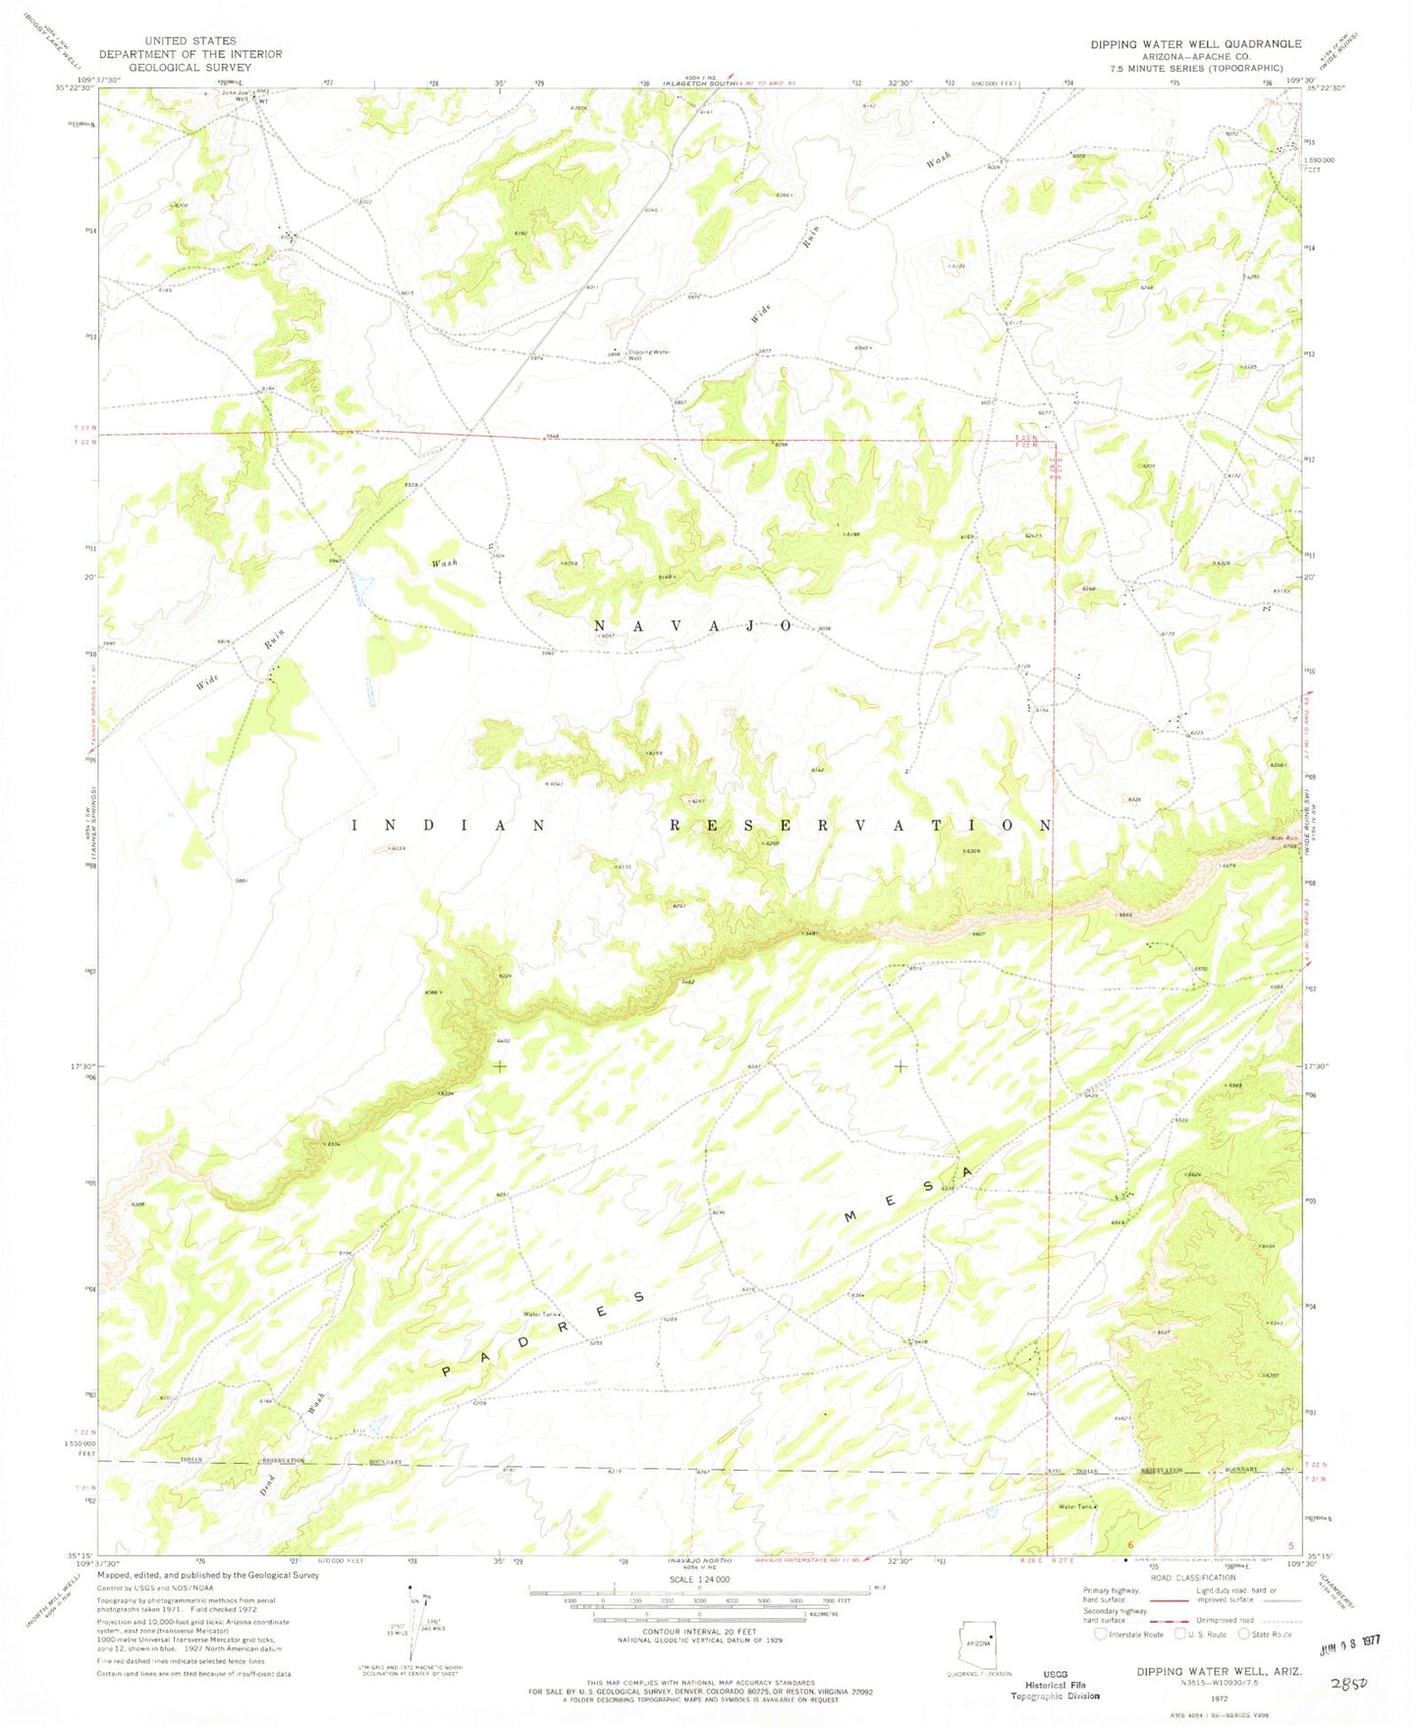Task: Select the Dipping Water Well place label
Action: tap(648, 354)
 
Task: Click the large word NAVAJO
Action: tap(692, 625)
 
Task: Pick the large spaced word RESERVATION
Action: tap(861, 826)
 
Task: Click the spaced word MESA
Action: tap(909, 1194)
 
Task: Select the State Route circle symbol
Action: tap(1244, 1635)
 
